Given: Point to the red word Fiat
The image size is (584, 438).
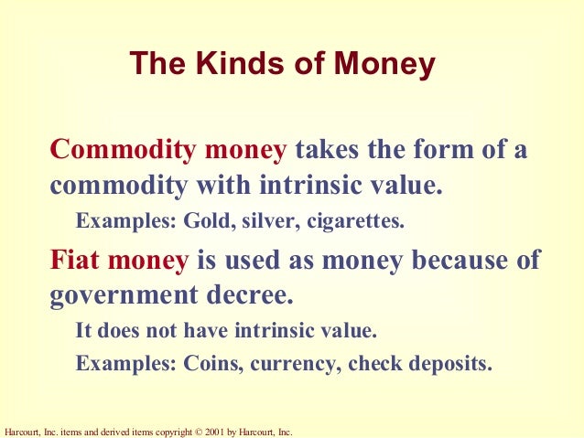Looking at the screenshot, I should (74, 261).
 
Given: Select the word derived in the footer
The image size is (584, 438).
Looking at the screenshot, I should (117, 431).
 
